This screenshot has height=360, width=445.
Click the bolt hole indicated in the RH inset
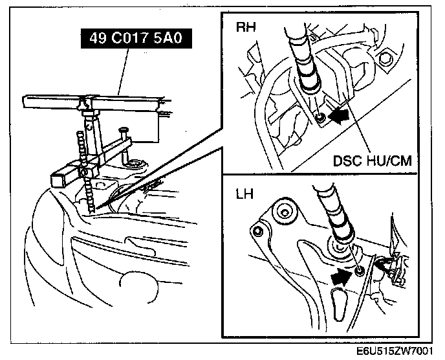click(320, 118)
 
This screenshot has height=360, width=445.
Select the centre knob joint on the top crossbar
click(82, 102)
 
